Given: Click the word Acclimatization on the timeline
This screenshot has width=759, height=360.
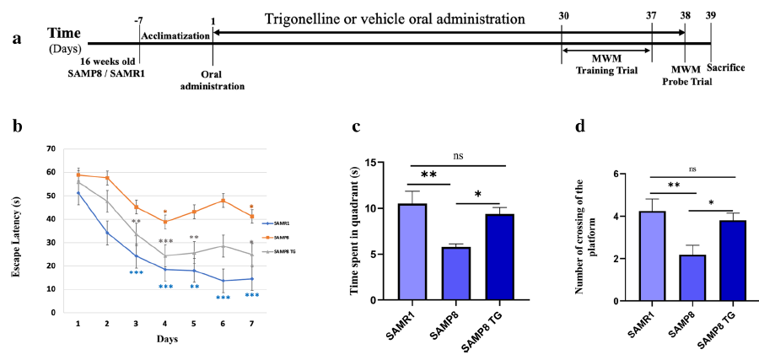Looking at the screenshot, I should pos(175,37).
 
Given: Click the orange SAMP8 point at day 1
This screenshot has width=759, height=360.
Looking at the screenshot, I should pos(78,175).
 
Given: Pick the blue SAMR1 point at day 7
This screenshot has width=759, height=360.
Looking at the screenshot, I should pos(250,279).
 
